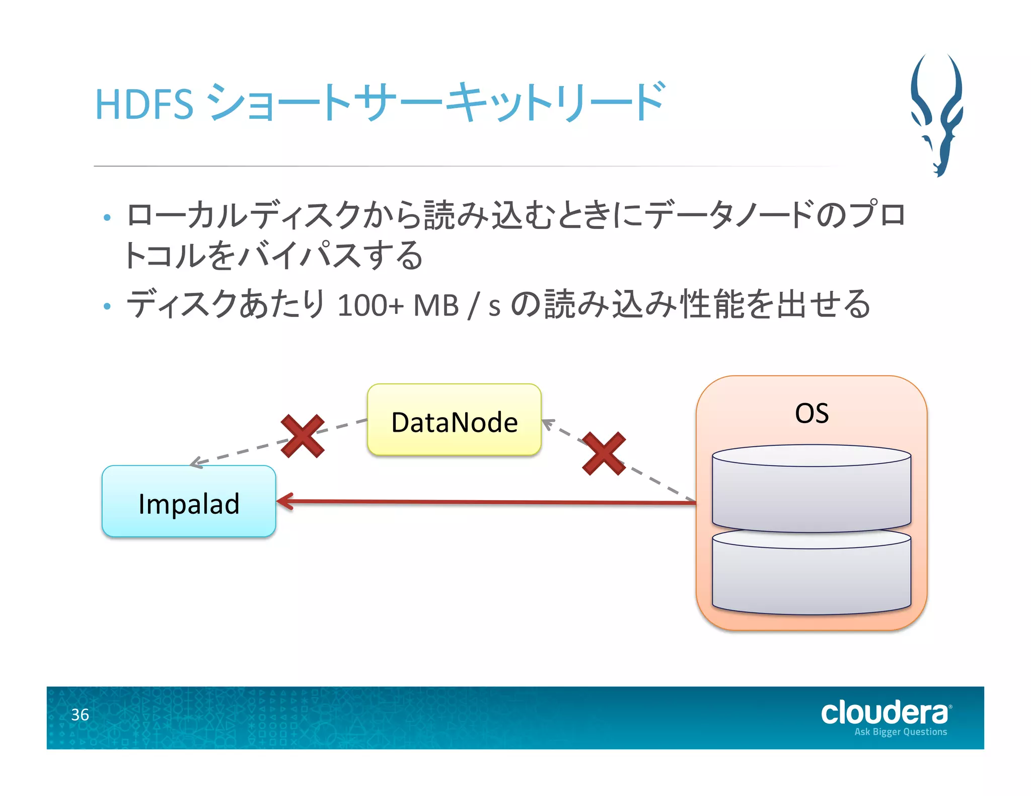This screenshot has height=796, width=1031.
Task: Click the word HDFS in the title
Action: (x=144, y=105)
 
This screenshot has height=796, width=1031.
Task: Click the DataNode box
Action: (x=454, y=421)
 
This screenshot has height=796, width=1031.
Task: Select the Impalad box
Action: (x=189, y=502)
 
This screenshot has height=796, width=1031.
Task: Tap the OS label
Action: (x=812, y=414)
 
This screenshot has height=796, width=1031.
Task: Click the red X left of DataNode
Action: (x=302, y=436)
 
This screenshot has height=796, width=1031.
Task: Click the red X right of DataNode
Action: (x=604, y=453)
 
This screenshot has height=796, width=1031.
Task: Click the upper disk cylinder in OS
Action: (x=811, y=491)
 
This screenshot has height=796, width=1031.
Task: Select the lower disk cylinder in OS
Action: (x=811, y=576)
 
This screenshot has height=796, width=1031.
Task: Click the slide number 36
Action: (x=80, y=714)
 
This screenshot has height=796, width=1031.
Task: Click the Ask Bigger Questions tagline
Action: (x=900, y=732)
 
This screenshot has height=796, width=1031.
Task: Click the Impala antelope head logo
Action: (x=937, y=116)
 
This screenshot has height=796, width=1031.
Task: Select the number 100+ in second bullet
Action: (x=370, y=305)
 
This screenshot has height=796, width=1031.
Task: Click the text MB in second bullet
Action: (x=435, y=305)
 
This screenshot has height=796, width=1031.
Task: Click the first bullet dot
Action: (x=107, y=217)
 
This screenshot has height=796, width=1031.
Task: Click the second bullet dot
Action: (x=107, y=306)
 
